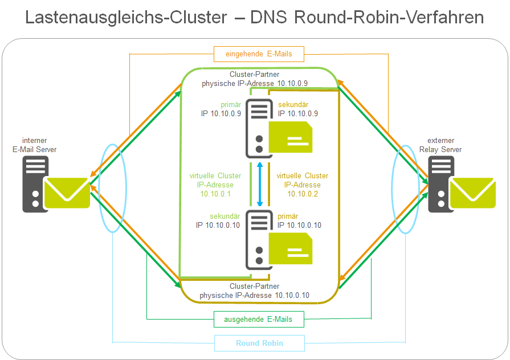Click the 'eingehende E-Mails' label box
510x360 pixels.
click(259, 54)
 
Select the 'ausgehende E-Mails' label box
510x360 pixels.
click(259, 320)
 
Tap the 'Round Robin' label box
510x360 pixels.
click(259, 343)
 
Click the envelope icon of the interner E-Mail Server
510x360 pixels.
click(68, 193)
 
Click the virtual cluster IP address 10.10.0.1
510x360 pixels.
click(215, 194)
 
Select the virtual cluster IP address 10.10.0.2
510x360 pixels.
click(302, 194)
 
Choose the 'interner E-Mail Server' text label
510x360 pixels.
click(35, 145)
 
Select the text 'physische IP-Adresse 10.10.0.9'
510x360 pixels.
click(255, 83)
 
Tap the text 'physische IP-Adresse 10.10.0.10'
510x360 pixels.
click(255, 295)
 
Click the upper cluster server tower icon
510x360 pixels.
click(257, 129)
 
